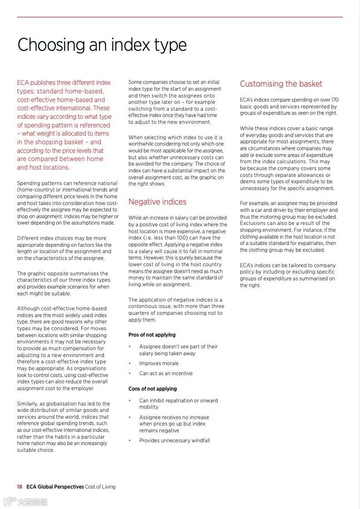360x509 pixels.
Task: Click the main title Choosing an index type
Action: pos(102,45)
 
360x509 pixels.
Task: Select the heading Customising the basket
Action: pos(281,84)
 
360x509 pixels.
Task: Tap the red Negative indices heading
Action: pos(157,202)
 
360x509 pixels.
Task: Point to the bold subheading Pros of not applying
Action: pos(152,335)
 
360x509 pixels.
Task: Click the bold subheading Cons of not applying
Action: pos(153,389)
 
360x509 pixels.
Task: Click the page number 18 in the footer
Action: pos(20,487)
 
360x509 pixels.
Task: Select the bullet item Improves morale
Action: pos(159,363)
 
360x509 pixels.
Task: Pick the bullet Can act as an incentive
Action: pos(166,373)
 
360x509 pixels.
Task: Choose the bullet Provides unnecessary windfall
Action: pos(174,440)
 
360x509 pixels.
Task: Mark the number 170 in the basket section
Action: pos(335,100)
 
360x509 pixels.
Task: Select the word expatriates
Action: pos(309,244)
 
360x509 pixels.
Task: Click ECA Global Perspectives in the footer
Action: pos(55,487)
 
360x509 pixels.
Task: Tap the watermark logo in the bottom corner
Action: pos(25,502)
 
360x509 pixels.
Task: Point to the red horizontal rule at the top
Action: pos(180,17)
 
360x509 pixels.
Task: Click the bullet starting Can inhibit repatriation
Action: pos(178,404)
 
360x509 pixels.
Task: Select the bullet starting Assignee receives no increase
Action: pos(174,424)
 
